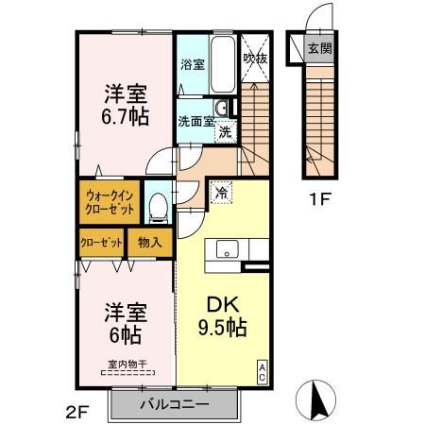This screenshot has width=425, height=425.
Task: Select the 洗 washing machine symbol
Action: pos(226,131)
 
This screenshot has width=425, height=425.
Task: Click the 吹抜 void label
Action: pos(255,59)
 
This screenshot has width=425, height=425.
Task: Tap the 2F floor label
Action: pos(77,412)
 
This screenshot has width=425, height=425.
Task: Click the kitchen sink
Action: pos(228,250)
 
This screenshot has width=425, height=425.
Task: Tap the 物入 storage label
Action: pos(150,242)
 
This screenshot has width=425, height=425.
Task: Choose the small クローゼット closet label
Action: pos(102,242)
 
